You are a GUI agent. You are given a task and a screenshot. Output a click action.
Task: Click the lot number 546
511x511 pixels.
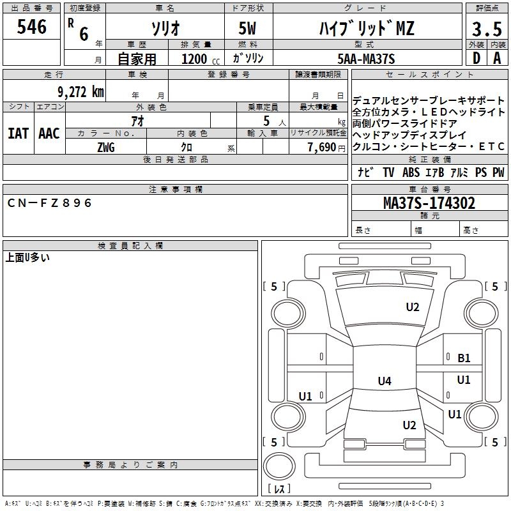[x=32, y=27]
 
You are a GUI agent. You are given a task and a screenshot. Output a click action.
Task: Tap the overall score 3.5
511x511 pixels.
[x=486, y=29]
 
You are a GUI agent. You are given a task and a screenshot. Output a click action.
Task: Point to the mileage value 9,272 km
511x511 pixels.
[x=80, y=91]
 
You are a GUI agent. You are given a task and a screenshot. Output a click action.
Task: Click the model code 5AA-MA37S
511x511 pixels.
[x=367, y=59]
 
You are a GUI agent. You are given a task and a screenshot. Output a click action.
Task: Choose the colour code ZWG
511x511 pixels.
[x=106, y=148]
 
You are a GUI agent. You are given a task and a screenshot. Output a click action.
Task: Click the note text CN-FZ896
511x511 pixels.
[x=50, y=203]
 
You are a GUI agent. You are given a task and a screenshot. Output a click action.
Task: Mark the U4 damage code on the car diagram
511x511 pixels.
[x=384, y=381]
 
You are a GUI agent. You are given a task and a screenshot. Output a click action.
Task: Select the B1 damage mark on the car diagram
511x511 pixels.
[x=464, y=358]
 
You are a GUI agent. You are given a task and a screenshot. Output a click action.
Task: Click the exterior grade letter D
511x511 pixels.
[x=476, y=58]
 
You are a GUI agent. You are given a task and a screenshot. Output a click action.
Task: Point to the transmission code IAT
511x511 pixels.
[x=18, y=133]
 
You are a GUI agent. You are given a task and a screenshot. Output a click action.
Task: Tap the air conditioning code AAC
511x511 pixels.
[x=49, y=133]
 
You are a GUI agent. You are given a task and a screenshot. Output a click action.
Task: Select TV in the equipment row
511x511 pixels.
[x=388, y=172]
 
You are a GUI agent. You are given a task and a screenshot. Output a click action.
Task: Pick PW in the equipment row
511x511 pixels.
[x=498, y=172]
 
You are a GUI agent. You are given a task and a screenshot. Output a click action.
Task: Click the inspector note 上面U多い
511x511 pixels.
[x=27, y=258]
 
